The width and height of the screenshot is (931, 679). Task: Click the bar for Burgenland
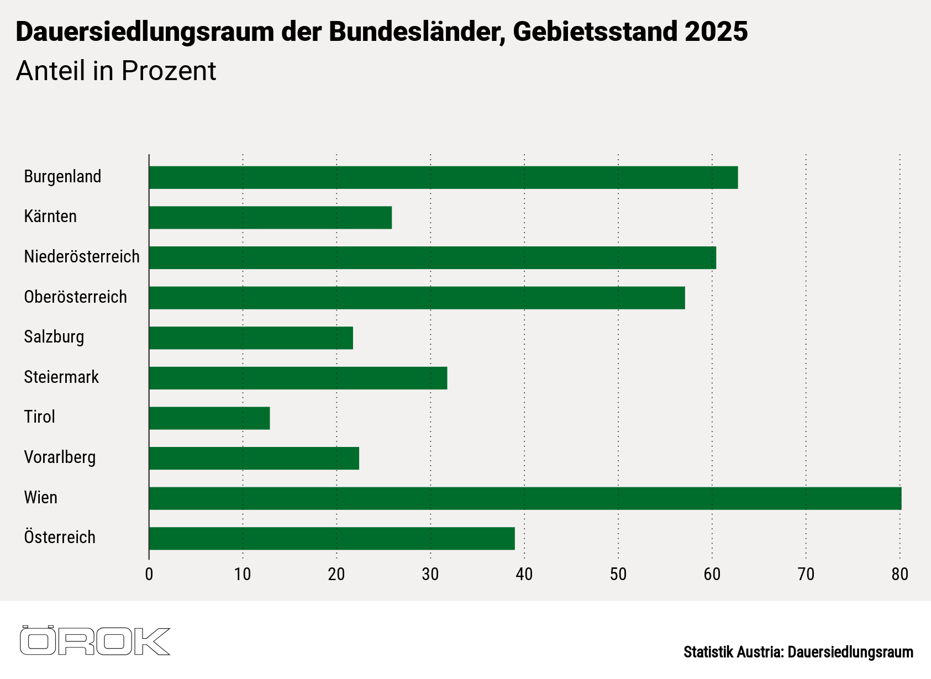(x=443, y=177)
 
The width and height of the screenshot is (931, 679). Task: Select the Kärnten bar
(x=270, y=218)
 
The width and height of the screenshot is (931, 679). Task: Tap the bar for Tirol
(x=209, y=418)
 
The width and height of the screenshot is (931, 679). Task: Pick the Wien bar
(x=525, y=498)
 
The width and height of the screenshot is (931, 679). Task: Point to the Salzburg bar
(x=251, y=338)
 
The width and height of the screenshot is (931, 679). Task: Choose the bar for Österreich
(x=332, y=539)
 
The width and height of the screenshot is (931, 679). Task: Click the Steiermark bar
(x=298, y=378)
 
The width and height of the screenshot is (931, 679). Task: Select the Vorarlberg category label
(x=60, y=457)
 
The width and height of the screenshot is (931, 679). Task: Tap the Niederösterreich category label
(x=82, y=257)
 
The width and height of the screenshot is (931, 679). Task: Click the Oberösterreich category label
(x=76, y=297)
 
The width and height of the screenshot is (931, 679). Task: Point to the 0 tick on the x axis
(x=149, y=575)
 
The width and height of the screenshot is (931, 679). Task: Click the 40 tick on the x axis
(x=524, y=575)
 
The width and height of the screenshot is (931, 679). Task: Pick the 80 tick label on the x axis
(x=900, y=575)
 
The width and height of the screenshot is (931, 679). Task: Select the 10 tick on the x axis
(x=243, y=575)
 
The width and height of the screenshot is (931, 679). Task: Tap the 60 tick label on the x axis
(x=712, y=575)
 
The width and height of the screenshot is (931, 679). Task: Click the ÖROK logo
(x=95, y=641)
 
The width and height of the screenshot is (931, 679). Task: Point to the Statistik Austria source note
(x=798, y=652)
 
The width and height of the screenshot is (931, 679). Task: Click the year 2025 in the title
(x=716, y=32)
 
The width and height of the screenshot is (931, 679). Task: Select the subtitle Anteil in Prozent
(x=116, y=71)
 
